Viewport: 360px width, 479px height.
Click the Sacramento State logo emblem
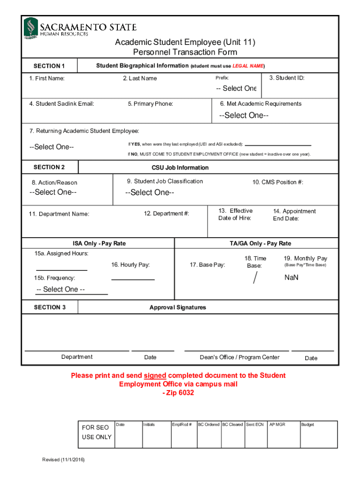31,28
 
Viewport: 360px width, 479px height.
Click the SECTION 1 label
49,66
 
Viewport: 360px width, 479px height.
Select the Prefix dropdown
236,88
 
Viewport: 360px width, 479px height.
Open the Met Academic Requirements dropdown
244,116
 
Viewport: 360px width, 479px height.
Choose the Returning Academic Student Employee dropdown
51,147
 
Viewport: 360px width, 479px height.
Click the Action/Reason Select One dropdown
53,192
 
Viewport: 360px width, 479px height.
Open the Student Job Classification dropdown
150,193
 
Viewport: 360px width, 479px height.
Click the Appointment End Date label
294,215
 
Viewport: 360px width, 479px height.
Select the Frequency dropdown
61,290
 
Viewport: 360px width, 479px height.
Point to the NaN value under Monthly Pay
291,277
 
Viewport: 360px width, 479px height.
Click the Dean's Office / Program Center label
239,357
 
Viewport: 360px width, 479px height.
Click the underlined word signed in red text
155,376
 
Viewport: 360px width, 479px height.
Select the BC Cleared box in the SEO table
232,425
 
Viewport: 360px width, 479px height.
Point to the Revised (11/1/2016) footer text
64,459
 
